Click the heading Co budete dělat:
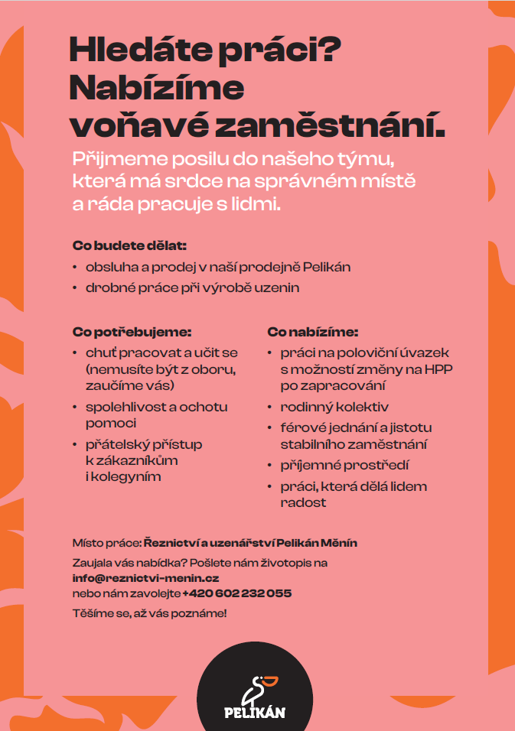(129, 246)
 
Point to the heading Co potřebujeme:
(131, 333)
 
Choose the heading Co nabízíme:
(312, 333)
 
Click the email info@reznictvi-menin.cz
(145, 578)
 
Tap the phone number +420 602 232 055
(237, 593)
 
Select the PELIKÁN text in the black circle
(255, 713)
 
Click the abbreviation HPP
(441, 369)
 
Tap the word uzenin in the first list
(279, 288)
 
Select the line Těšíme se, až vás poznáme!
(149, 613)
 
